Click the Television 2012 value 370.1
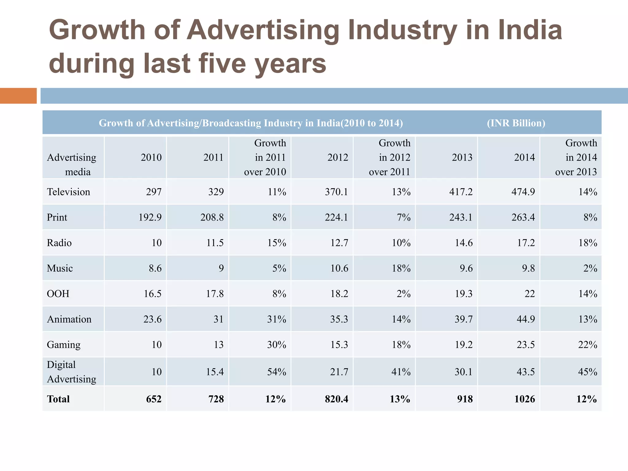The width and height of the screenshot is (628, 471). pos(336,192)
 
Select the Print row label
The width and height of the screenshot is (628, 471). pos(57,217)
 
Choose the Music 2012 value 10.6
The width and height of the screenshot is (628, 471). pos(339,268)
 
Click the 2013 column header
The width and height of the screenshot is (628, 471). pos(462,158)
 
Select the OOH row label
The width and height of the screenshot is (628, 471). pos(58,294)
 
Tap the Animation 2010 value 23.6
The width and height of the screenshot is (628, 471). pos(152,319)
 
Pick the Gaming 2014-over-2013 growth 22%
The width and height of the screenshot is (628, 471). pos(588,345)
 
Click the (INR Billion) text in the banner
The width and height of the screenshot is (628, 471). pos(516,123)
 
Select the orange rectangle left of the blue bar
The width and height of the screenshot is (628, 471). pos(18,96)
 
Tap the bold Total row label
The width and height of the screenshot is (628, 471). pos(58,399)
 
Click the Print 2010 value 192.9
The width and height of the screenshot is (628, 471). pos(150,217)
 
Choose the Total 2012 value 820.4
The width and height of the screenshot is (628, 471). pos(336,399)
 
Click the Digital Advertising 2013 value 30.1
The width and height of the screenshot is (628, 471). pos(463,372)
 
